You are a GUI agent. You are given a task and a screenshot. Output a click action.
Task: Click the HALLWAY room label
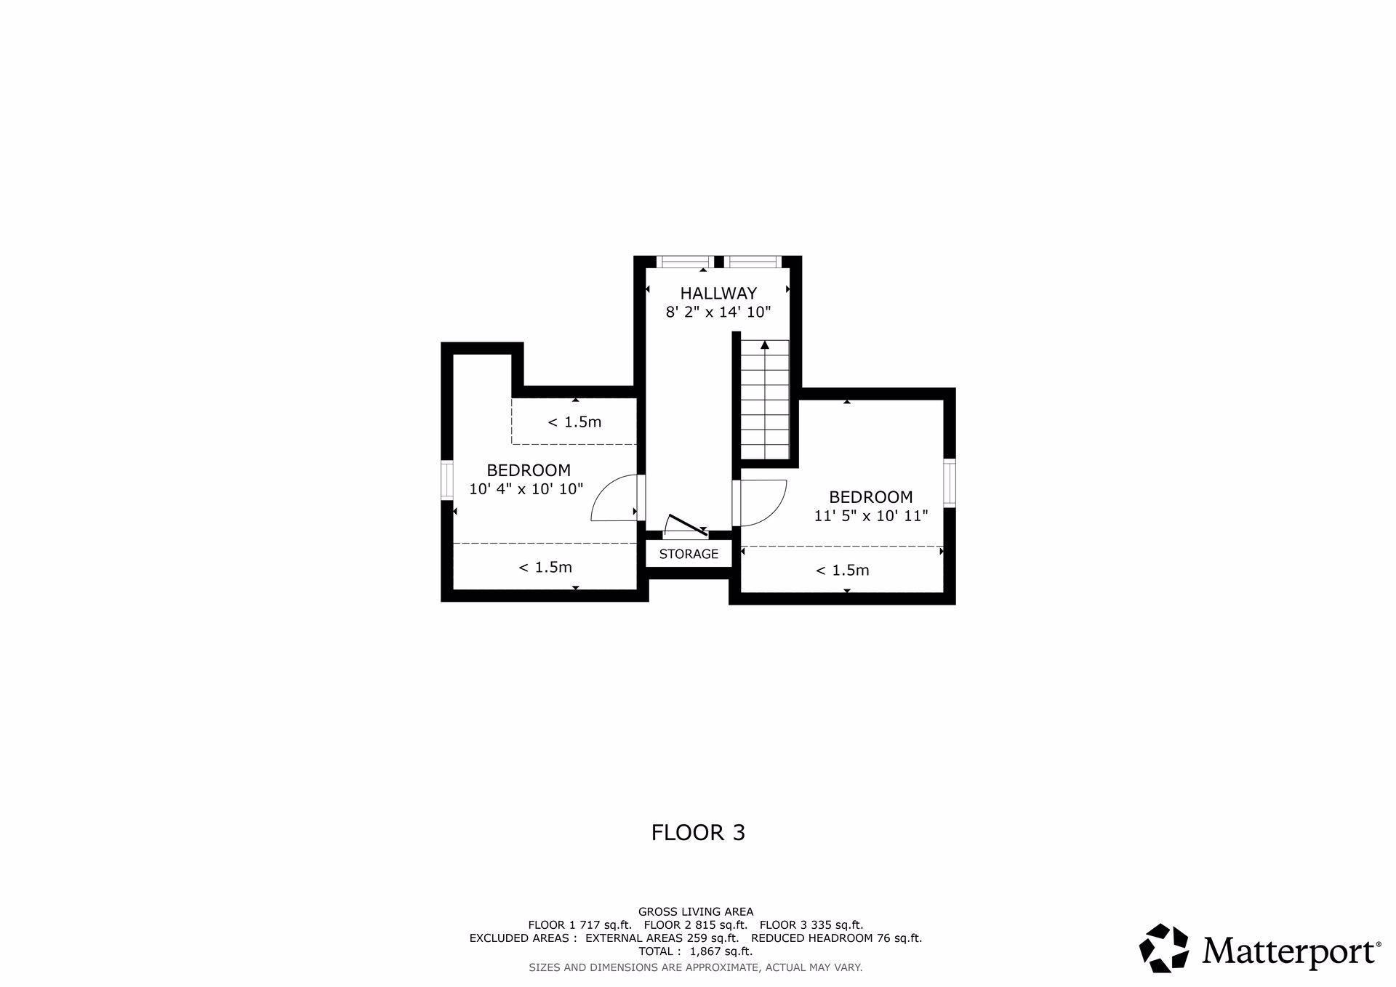[x=718, y=294]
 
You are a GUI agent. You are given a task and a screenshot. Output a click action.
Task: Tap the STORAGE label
[x=689, y=554]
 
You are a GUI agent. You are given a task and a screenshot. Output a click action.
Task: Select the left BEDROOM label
[x=529, y=470]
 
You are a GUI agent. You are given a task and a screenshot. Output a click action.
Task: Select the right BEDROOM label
[x=871, y=497]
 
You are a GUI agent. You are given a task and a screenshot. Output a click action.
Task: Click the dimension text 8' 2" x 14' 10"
[x=718, y=313]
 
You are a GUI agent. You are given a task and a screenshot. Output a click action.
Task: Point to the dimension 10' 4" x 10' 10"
[x=526, y=489]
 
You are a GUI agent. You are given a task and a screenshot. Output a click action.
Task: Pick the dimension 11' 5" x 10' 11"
[x=871, y=516]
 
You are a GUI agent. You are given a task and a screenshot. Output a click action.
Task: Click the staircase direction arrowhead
[x=764, y=345]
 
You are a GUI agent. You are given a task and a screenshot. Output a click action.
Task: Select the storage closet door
[x=687, y=525]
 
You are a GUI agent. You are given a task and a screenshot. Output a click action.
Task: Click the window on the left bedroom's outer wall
[x=447, y=480]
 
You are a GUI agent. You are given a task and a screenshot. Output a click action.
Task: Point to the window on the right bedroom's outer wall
[x=950, y=483]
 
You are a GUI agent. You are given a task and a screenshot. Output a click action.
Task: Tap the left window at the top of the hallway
[x=685, y=262]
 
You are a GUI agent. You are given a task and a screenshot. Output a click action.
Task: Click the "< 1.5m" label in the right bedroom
[x=842, y=571]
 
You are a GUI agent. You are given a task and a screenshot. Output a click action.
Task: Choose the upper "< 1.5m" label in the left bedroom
[x=574, y=422]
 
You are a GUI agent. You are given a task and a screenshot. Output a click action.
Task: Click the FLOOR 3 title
[x=698, y=833]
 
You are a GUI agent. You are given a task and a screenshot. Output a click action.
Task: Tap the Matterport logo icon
[x=1164, y=948]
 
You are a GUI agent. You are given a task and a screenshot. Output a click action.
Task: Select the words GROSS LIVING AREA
[x=696, y=911]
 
